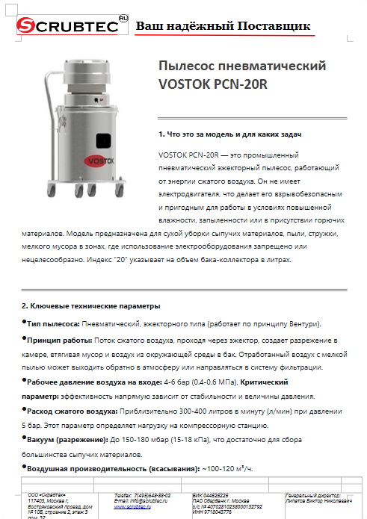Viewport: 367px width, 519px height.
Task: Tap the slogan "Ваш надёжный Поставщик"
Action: [x=223, y=26]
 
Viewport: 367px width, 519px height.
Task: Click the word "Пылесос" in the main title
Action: [x=188, y=66]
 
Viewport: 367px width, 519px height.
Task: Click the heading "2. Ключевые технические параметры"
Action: [x=90, y=306]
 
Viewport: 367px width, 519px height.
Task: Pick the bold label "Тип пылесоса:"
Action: [x=53, y=323]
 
